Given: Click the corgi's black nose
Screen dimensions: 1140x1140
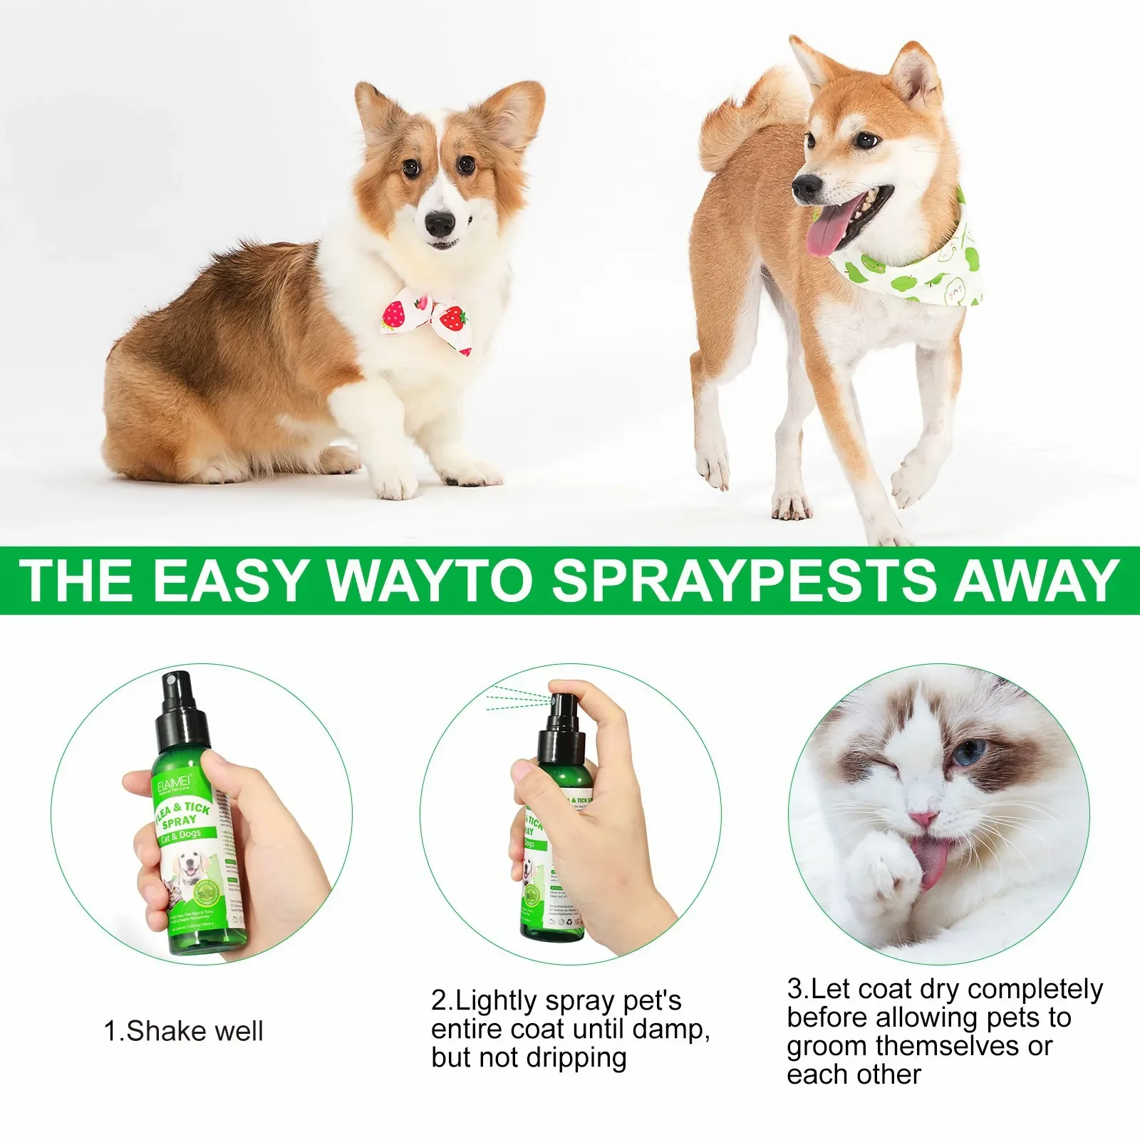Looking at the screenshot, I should point(440,224).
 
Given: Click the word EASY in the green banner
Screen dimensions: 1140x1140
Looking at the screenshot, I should point(229,580).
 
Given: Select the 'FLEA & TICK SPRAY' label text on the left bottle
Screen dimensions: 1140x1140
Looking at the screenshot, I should point(182,816).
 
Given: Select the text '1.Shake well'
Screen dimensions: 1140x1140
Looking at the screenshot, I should point(183,1031).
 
